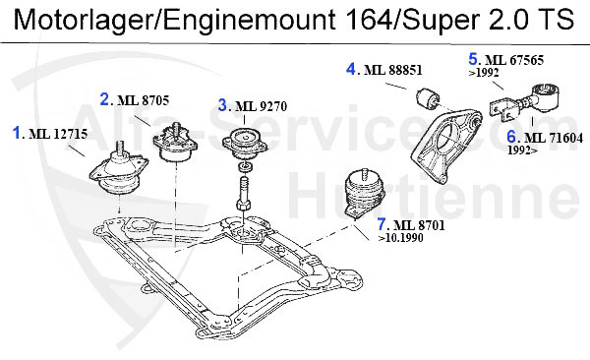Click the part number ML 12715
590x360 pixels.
(x=58, y=134)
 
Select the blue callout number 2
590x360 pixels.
(x=104, y=99)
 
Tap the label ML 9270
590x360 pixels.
(x=262, y=106)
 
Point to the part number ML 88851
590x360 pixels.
(x=393, y=70)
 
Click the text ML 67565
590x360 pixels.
(x=514, y=60)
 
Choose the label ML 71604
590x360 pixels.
(x=554, y=139)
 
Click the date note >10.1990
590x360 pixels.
(x=401, y=238)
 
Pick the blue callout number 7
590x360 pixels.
(x=382, y=225)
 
